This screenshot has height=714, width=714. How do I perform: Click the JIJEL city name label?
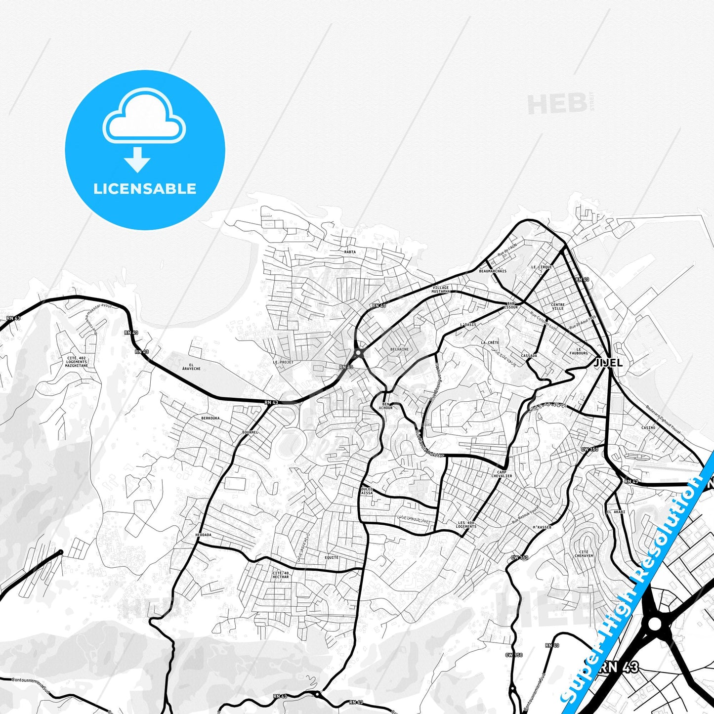click(608, 362)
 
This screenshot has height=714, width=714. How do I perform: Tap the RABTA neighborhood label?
click(350, 252)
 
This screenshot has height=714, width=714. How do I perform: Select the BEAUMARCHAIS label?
click(493, 271)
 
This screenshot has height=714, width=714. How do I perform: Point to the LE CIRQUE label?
click(542, 267)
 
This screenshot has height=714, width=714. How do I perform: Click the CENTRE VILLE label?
click(558, 306)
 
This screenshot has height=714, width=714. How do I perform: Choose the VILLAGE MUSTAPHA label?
click(441, 290)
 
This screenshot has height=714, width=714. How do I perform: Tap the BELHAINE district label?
click(399, 349)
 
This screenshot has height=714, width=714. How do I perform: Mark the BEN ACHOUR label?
click(386, 406)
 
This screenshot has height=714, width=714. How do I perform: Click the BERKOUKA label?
click(210, 418)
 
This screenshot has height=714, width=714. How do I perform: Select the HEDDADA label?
click(203, 535)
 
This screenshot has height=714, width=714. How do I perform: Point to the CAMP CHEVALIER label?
click(502, 474)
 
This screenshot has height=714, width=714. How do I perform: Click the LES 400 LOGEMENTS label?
click(466, 525)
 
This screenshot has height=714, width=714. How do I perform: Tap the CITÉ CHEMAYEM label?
click(584, 554)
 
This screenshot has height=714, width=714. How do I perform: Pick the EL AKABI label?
click(616, 512)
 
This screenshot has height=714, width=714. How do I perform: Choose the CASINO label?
click(648, 428)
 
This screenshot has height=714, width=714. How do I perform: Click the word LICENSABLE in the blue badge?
click(145, 189)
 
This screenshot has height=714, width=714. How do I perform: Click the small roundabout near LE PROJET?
click(359, 353)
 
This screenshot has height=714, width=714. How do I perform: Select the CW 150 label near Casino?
click(589, 450)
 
